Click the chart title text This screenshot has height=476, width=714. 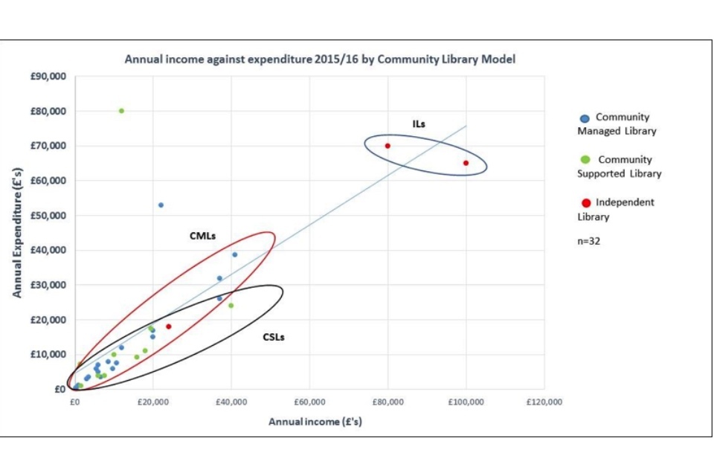(x=319, y=59)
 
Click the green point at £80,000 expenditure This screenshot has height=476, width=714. (x=121, y=111)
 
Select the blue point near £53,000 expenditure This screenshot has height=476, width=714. (x=161, y=205)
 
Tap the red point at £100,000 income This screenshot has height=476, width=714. (x=466, y=163)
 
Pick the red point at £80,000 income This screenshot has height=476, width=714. (x=387, y=146)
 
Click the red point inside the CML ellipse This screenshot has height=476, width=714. (x=168, y=327)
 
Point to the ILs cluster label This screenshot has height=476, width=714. (x=419, y=123)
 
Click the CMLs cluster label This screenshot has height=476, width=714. (x=202, y=236)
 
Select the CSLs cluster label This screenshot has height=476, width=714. (x=274, y=337)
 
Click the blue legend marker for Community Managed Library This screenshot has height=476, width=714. (x=585, y=118)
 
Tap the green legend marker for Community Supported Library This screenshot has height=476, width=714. (x=585, y=160)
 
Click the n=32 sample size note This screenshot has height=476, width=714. (x=588, y=240)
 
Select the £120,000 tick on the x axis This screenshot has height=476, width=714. (x=544, y=402)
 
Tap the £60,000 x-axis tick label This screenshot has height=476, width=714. (x=309, y=402)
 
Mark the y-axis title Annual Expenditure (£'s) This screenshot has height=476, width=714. (x=16, y=232)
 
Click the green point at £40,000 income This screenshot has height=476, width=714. (x=231, y=306)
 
